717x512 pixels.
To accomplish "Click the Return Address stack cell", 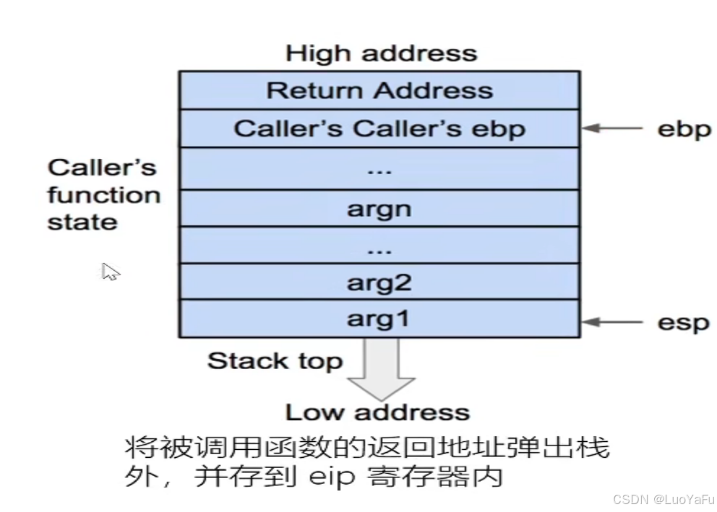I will point(379,90).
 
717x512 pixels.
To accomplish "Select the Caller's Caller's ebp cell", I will point(379,129).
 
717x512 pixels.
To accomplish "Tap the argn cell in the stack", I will point(379,209).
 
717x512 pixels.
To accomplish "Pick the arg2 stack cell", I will point(379,282).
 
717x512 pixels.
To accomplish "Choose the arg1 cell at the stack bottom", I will point(379,318).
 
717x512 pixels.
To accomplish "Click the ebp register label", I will point(683,129).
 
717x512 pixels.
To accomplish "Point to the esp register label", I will point(683,321).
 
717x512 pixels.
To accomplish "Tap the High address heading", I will point(381,53).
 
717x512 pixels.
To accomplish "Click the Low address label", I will point(377,412).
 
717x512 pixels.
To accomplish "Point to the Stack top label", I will point(275,360).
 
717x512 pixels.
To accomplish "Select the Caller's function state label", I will point(103,195).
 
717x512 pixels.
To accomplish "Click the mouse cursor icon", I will point(110,272).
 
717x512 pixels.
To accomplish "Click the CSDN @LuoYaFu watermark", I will point(663,499).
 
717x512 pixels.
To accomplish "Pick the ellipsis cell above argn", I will point(379,168).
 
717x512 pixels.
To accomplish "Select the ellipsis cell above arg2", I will point(379,246).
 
